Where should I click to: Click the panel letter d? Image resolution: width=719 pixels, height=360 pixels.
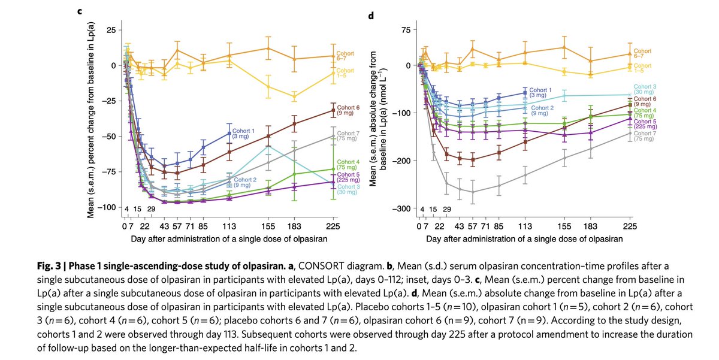coord(371,15)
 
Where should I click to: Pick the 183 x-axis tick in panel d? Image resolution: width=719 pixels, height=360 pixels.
coord(591,226)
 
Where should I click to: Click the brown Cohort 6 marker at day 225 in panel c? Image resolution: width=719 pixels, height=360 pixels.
coord(333,110)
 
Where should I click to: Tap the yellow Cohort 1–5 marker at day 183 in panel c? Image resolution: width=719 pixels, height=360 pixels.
coord(294,96)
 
